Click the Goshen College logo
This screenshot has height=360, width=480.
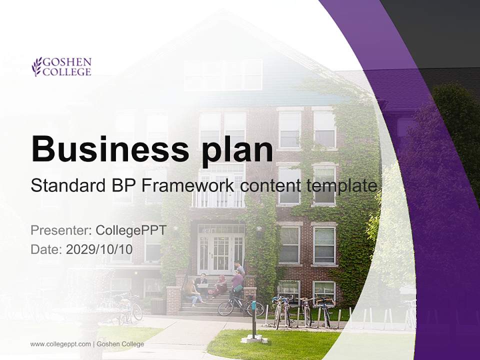pyautogui.click(x=61, y=67)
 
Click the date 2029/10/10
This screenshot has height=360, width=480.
pyautogui.click(x=99, y=249)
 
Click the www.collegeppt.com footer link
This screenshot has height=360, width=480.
pyautogui.click(x=60, y=344)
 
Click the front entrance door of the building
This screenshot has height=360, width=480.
pyautogui.click(x=220, y=254)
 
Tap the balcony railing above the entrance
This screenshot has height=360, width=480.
pyautogui.click(x=218, y=199)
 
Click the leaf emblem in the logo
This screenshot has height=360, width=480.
pyautogui.click(x=36, y=67)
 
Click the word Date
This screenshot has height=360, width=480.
pyautogui.click(x=45, y=249)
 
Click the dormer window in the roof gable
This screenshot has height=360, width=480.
pyautogui.click(x=223, y=75)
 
